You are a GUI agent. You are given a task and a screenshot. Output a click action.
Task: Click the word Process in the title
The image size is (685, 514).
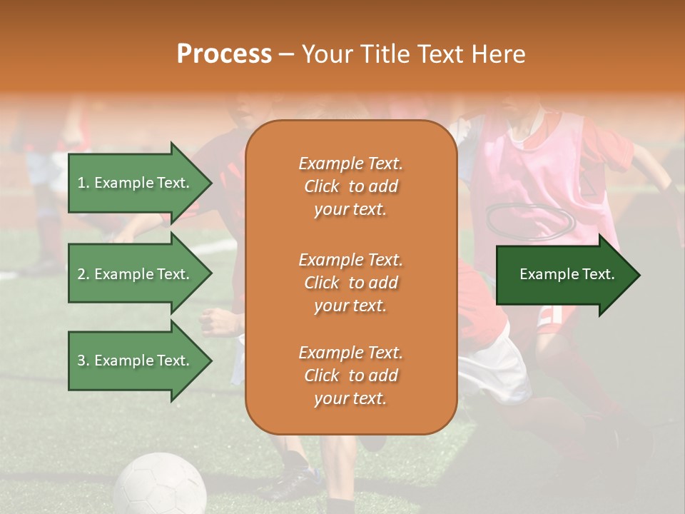(x=224, y=54)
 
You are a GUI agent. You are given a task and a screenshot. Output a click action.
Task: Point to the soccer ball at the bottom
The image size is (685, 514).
(x=160, y=485)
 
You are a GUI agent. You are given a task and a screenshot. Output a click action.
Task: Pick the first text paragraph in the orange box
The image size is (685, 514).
(x=350, y=186)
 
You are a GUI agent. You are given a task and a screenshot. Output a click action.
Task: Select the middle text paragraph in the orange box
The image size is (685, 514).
(x=350, y=283)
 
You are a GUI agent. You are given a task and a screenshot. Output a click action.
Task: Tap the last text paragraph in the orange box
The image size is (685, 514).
(x=350, y=376)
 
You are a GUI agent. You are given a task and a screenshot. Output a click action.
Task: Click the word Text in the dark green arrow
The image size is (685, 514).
(x=598, y=274)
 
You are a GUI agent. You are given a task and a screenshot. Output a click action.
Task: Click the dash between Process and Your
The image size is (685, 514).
(x=286, y=55)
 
